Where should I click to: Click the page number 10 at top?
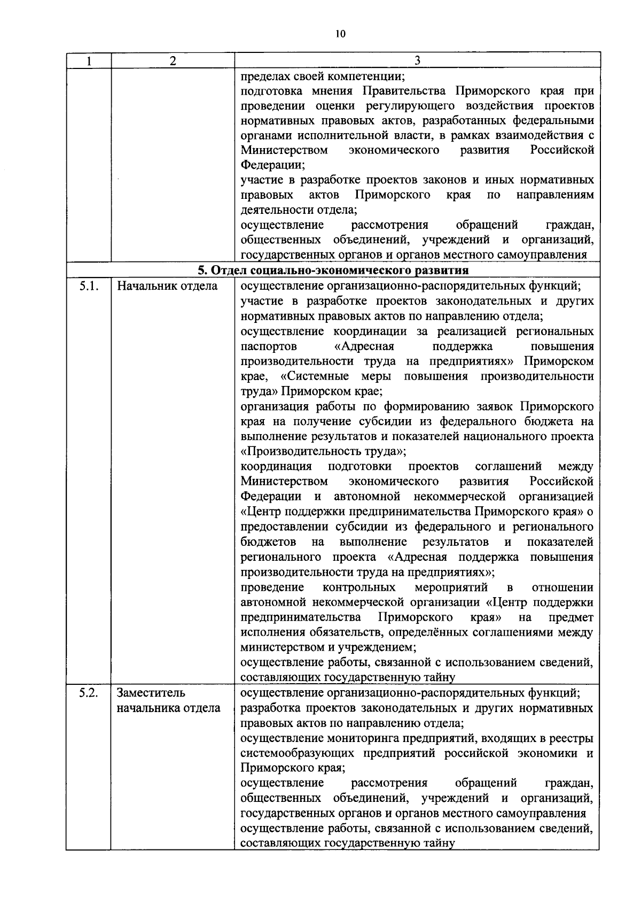click(340, 34)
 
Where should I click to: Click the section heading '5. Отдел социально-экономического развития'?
click(333, 270)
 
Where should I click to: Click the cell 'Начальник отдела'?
click(167, 286)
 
